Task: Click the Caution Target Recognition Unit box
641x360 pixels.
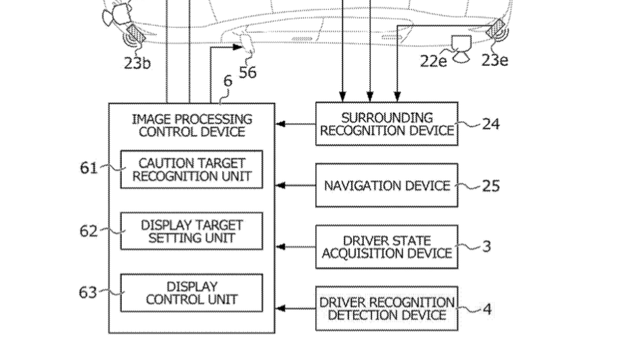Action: tap(192, 170)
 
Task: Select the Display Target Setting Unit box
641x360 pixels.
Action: tap(192, 231)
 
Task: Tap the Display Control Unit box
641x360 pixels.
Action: tap(192, 293)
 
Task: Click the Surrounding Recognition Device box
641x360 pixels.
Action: tap(387, 124)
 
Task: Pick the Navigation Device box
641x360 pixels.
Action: tap(387, 185)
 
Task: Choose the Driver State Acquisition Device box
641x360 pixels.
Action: tap(387, 247)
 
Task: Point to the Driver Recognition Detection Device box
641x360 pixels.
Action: tap(387, 308)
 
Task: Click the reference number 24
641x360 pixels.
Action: tap(491, 123)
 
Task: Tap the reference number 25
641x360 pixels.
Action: tap(491, 185)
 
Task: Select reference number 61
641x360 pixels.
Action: tap(89, 167)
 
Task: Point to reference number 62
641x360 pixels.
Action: tap(89, 231)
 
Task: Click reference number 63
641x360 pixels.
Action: tap(88, 292)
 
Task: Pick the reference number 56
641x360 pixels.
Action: tap(248, 72)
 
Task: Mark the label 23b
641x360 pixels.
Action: tap(138, 63)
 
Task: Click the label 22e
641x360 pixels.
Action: tap(433, 61)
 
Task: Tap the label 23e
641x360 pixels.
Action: tap(495, 60)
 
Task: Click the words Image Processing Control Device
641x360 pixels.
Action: tap(192, 125)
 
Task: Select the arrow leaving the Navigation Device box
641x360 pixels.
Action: tap(296, 185)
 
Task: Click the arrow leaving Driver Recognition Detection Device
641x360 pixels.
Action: tap(296, 308)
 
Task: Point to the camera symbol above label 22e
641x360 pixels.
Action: tap(461, 49)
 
